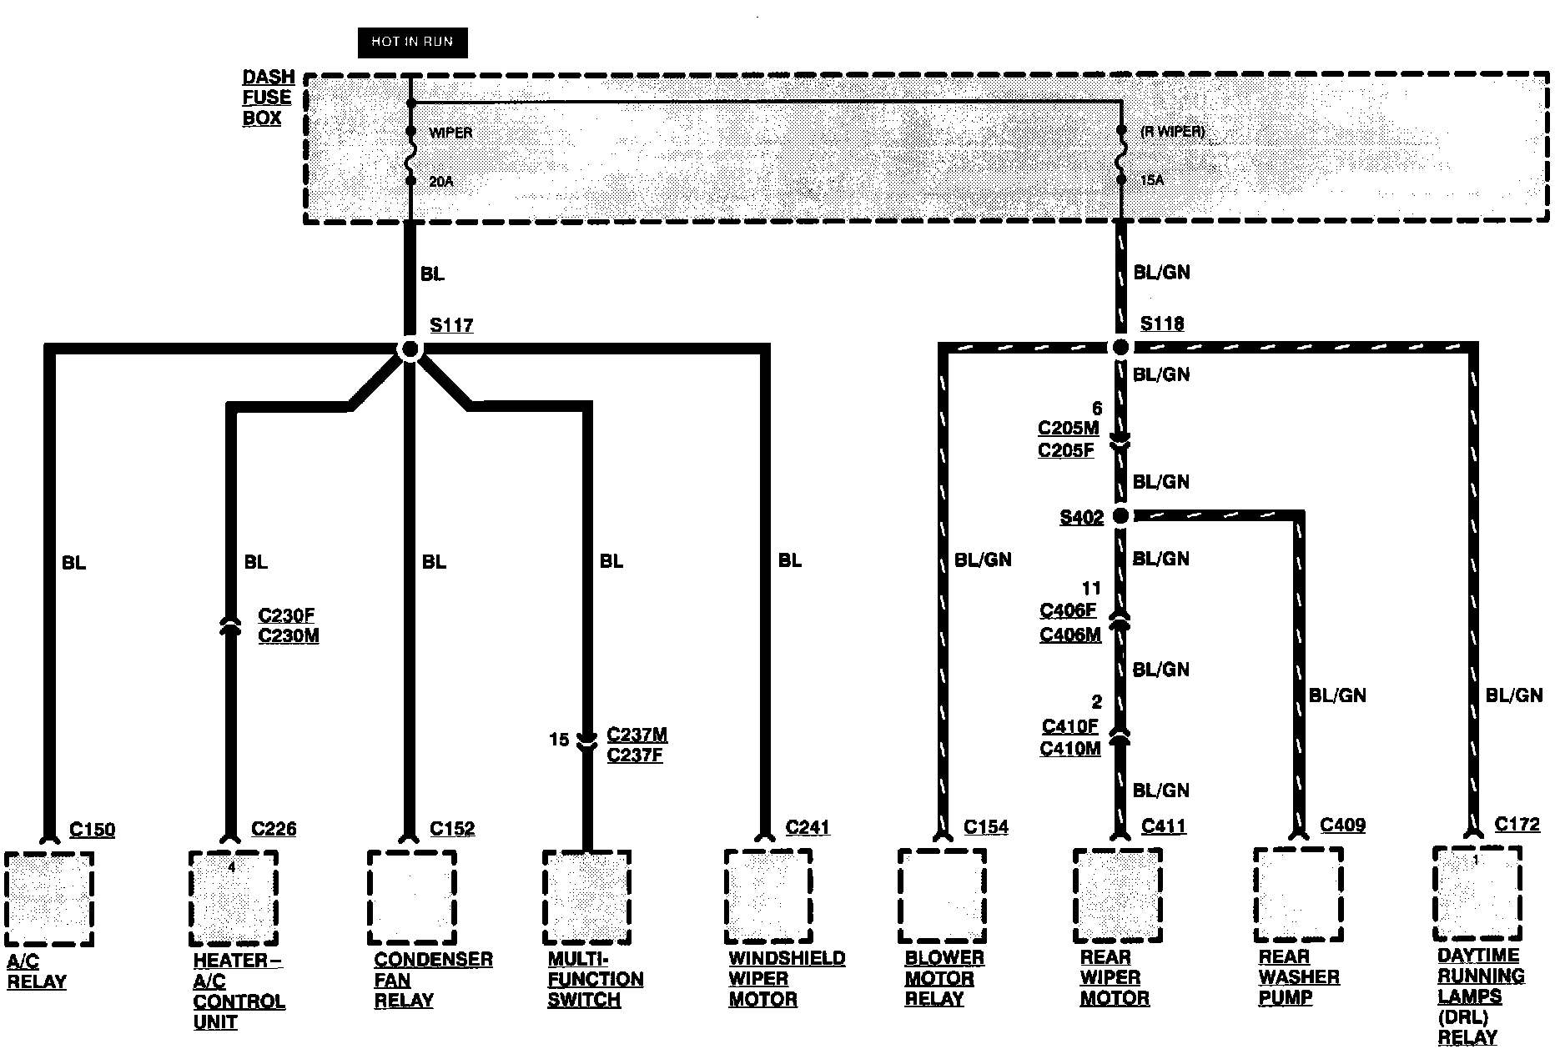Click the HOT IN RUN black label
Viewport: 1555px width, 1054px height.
click(x=412, y=43)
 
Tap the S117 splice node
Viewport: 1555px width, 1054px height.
click(x=410, y=349)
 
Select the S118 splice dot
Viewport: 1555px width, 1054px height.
click(x=1121, y=347)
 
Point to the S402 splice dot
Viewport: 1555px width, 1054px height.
click(x=1121, y=516)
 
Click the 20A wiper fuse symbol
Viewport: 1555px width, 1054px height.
click(x=410, y=156)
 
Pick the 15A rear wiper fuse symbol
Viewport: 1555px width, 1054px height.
click(x=1121, y=155)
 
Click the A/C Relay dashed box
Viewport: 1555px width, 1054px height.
click(x=48, y=898)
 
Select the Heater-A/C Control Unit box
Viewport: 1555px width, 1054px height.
click(x=233, y=898)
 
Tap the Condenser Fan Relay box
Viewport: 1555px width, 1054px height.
click(x=411, y=897)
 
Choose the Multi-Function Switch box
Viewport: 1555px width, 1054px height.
click(x=586, y=897)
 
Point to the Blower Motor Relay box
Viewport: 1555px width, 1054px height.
click(x=942, y=896)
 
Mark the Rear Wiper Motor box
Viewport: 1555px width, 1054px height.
click(x=1117, y=896)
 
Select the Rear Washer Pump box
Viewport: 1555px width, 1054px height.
click(x=1298, y=894)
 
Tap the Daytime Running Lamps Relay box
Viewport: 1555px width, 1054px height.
click(x=1477, y=893)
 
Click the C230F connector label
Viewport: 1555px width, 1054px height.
click(x=286, y=615)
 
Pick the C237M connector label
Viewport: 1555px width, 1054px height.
click(x=637, y=735)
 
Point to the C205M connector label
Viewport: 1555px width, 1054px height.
click(x=1068, y=429)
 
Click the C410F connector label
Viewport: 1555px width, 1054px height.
click(x=1069, y=726)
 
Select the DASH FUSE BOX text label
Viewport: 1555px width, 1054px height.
click(x=268, y=98)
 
